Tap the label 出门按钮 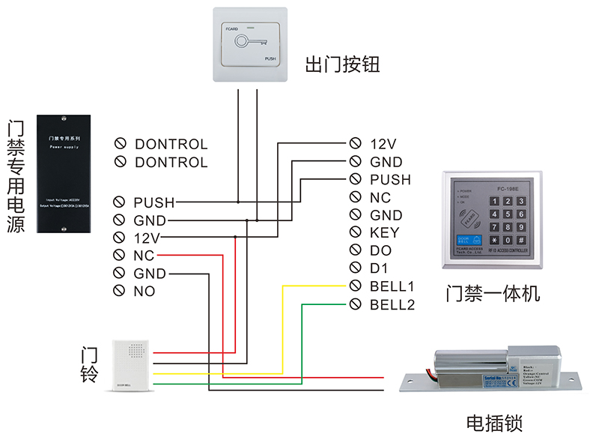coord(342,65)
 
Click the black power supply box coord(64,173)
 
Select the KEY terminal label coord(384,232)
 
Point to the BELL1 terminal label coord(392,286)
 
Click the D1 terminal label coord(380,268)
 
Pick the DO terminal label coord(381,250)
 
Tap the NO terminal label coord(145,291)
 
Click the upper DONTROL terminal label coord(171,144)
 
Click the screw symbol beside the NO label coord(118,291)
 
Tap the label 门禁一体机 coord(491,292)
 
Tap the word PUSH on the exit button coord(271,58)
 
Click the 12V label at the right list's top coord(383,144)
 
